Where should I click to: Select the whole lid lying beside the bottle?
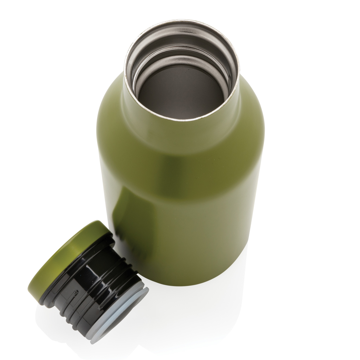coord(88,281)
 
